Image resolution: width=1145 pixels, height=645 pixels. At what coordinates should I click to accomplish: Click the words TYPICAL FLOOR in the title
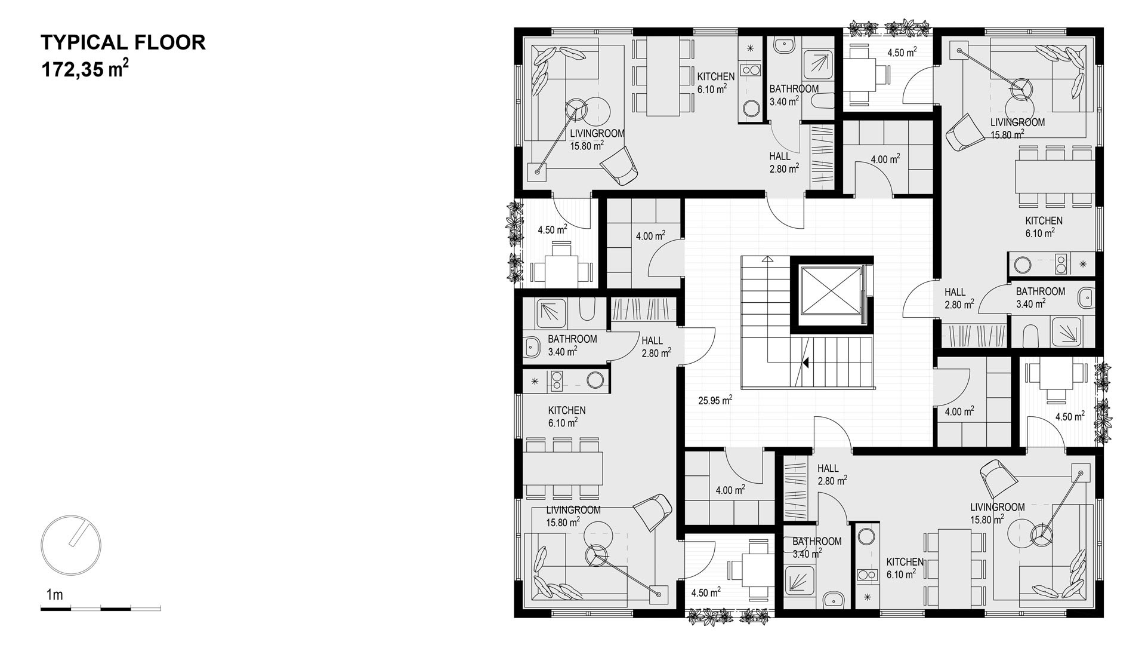123,42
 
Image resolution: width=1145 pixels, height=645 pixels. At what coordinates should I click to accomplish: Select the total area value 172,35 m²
84,69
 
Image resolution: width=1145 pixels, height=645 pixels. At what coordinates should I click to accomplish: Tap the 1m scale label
54,594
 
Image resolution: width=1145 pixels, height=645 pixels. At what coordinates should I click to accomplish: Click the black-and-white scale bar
100,609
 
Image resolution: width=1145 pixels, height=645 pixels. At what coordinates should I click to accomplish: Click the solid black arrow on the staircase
805,362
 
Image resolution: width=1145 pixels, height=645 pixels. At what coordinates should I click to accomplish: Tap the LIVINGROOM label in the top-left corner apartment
597,133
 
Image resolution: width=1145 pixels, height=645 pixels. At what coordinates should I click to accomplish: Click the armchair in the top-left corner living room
619,165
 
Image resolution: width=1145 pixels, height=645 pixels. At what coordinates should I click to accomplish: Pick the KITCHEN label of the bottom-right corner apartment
905,562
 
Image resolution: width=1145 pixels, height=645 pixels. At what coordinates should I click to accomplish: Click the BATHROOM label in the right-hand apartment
1041,291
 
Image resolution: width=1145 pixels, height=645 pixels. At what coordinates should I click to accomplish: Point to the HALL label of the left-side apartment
652,340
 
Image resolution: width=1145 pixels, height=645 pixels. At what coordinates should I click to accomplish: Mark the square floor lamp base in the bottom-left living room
659,594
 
